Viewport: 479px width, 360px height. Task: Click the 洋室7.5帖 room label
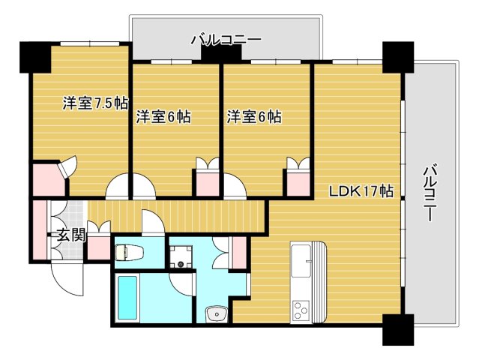(94, 104)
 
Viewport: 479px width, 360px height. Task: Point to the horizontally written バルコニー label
(225, 38)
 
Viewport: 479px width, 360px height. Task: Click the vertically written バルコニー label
(430, 192)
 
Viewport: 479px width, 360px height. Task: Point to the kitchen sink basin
(304, 259)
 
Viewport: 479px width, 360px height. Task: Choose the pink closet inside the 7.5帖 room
(46, 179)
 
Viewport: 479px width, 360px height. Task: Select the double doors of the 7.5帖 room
(129, 186)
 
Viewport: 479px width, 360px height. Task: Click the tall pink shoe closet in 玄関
(38, 229)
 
